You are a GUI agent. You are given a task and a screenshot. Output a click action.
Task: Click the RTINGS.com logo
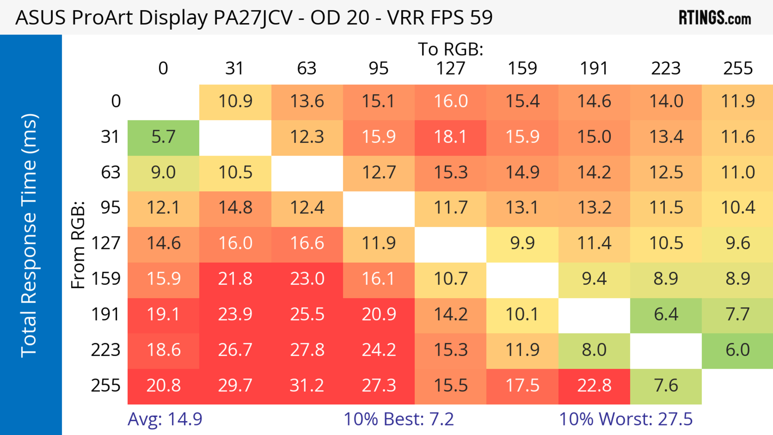click(x=715, y=18)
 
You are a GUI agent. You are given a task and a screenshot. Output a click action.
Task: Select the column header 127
click(x=451, y=68)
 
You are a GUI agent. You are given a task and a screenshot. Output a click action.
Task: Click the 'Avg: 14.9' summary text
click(x=165, y=419)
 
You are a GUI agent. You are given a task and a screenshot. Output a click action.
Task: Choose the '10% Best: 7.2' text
click(x=399, y=419)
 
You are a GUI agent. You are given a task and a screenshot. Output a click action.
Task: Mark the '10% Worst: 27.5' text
click(x=626, y=419)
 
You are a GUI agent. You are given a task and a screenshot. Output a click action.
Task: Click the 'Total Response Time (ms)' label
click(x=29, y=236)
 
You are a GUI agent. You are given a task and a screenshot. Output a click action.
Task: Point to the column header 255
click(x=738, y=68)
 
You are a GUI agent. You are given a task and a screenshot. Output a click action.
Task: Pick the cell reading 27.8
click(x=307, y=350)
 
